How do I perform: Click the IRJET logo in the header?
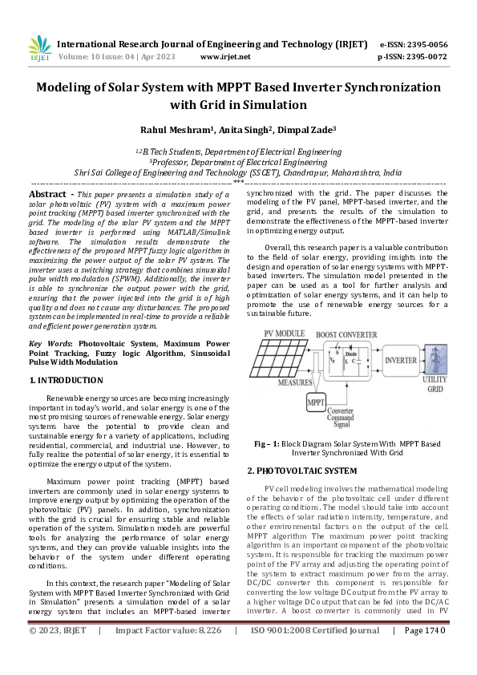(x=38, y=50)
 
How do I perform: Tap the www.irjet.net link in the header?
(x=224, y=57)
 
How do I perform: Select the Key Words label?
(x=50, y=343)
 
